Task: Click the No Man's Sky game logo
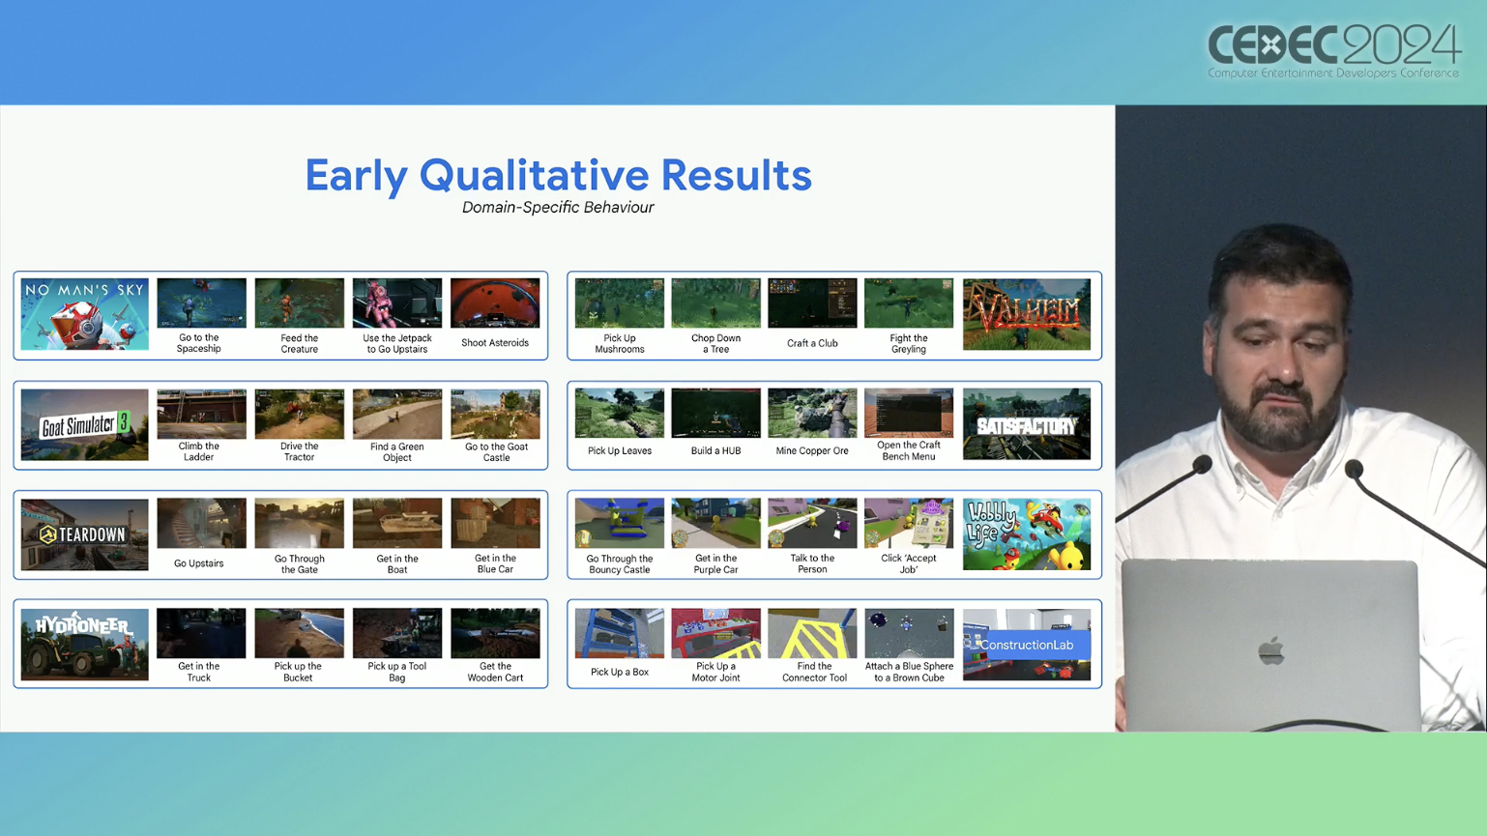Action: [84, 314]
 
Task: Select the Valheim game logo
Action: [1026, 314]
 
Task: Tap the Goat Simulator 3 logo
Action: [84, 424]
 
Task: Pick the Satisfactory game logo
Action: [1026, 424]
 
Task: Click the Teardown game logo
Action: [84, 534]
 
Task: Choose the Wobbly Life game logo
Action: [1026, 534]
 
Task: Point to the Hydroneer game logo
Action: [84, 645]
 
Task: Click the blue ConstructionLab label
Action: [1026, 645]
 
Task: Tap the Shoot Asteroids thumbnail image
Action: [495, 303]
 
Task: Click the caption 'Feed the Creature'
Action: [300, 344]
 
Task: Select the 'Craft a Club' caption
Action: [812, 343]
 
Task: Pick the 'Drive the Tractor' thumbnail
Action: [300, 414]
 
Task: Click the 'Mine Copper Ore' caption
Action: [812, 450]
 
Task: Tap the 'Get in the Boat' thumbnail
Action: [397, 523]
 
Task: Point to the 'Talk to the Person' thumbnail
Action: [812, 523]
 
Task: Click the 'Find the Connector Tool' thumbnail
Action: [812, 633]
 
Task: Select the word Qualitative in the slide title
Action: [534, 175]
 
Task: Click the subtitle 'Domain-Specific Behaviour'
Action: [558, 208]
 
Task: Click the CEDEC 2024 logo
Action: [1333, 51]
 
